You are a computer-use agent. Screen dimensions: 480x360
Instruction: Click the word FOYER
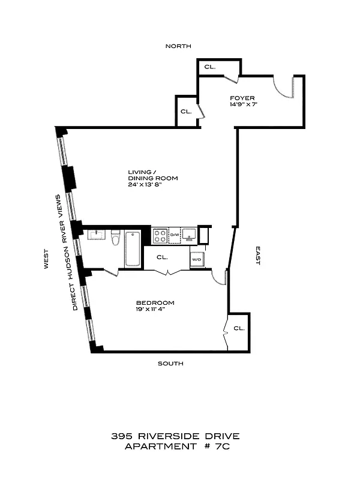click(242, 98)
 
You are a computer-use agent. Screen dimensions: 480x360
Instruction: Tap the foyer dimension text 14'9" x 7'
click(242, 105)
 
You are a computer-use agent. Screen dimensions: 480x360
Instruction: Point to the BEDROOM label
click(155, 302)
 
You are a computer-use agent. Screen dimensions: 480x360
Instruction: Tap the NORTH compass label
click(179, 46)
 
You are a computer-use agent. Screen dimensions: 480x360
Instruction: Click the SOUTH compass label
click(170, 364)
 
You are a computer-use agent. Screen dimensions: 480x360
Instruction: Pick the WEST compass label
click(46, 259)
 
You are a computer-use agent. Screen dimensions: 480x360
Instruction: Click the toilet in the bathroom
click(116, 239)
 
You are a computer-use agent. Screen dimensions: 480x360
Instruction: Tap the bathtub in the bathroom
click(133, 248)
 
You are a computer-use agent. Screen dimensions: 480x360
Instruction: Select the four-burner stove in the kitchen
click(160, 235)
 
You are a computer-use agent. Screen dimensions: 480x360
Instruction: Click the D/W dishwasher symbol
click(175, 235)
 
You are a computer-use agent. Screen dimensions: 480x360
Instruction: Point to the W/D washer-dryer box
click(196, 260)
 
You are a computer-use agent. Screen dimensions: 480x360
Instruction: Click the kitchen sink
click(190, 233)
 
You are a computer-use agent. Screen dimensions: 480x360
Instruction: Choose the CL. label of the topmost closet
click(209, 67)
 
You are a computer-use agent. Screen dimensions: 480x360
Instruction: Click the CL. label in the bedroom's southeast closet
click(239, 329)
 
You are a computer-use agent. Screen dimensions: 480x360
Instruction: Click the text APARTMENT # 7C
click(179, 446)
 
